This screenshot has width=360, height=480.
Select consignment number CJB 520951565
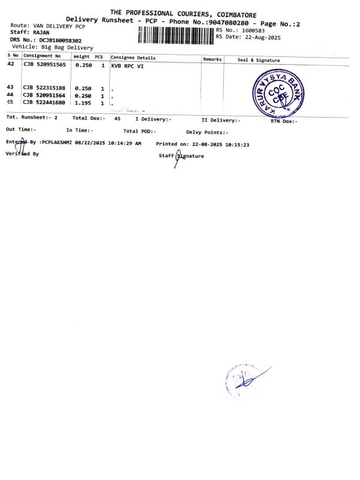[44, 64]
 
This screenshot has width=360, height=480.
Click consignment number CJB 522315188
[44, 88]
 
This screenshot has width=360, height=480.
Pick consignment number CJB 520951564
[44, 95]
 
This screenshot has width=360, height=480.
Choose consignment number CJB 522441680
[44, 103]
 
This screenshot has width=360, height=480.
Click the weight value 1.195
[83, 103]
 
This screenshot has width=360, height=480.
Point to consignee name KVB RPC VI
[128, 66]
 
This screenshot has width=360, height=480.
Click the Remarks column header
[212, 59]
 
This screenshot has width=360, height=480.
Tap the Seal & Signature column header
[259, 60]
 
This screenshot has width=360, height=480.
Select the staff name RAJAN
[41, 32]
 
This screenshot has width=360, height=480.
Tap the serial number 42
[10, 63]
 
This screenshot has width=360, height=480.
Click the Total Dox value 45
[118, 118]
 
